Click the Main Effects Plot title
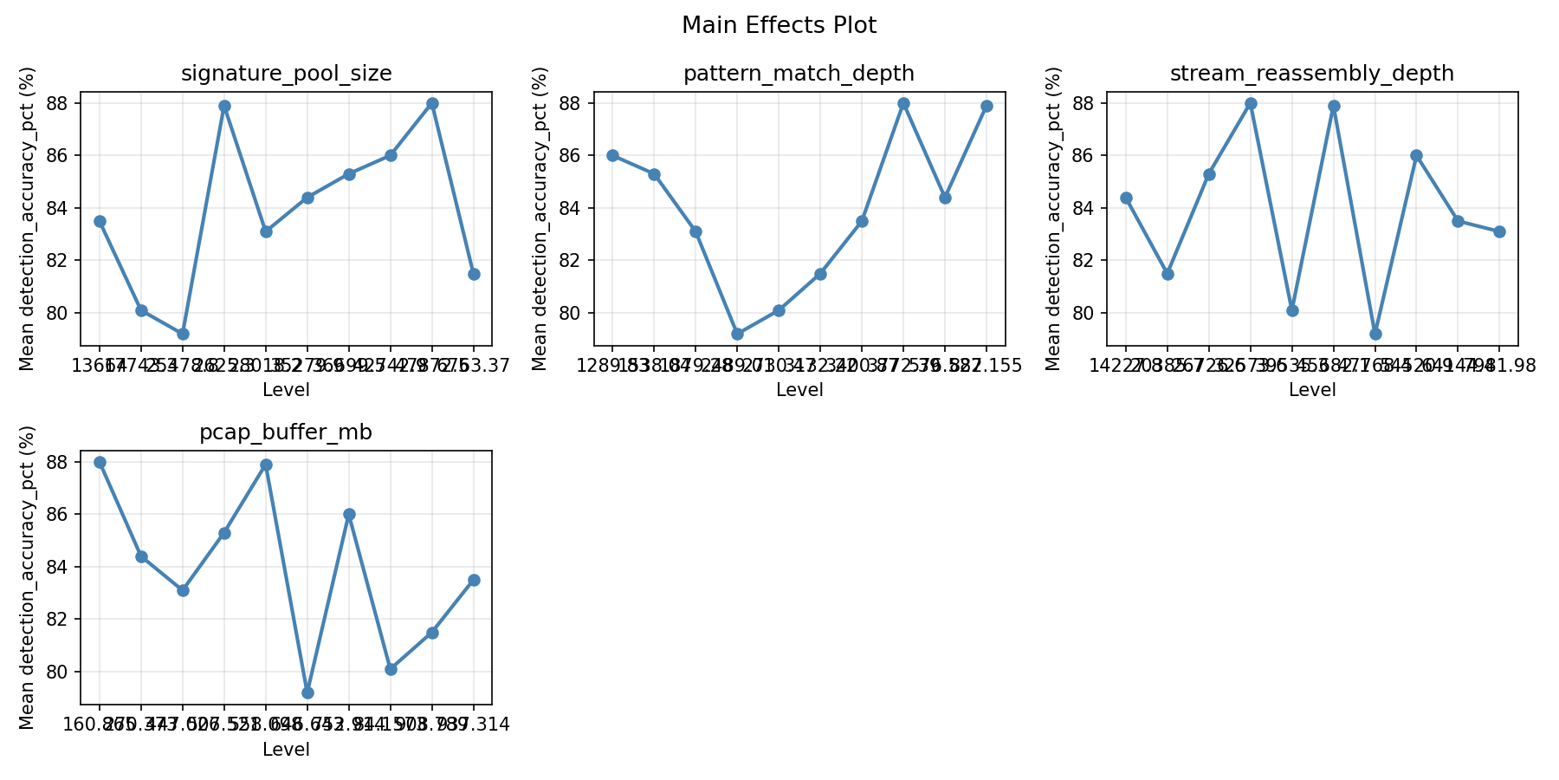pos(779,25)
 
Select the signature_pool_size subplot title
pos(286,74)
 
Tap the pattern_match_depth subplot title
pos(799,74)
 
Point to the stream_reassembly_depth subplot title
pos(1311,74)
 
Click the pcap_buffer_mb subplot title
pos(286,432)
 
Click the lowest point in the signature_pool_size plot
pos(183,334)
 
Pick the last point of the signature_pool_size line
pos(474,274)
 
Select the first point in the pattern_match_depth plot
pos(612,155)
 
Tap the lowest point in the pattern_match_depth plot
pos(737,334)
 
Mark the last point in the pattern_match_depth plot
pos(987,106)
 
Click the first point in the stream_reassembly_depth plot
pos(1126,198)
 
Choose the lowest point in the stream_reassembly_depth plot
pos(1375,334)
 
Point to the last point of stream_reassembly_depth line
pos(1499,231)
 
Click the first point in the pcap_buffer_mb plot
pos(100,462)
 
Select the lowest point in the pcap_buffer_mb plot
pos(307,692)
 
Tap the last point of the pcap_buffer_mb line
pos(474,580)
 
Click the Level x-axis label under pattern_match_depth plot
pos(799,390)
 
